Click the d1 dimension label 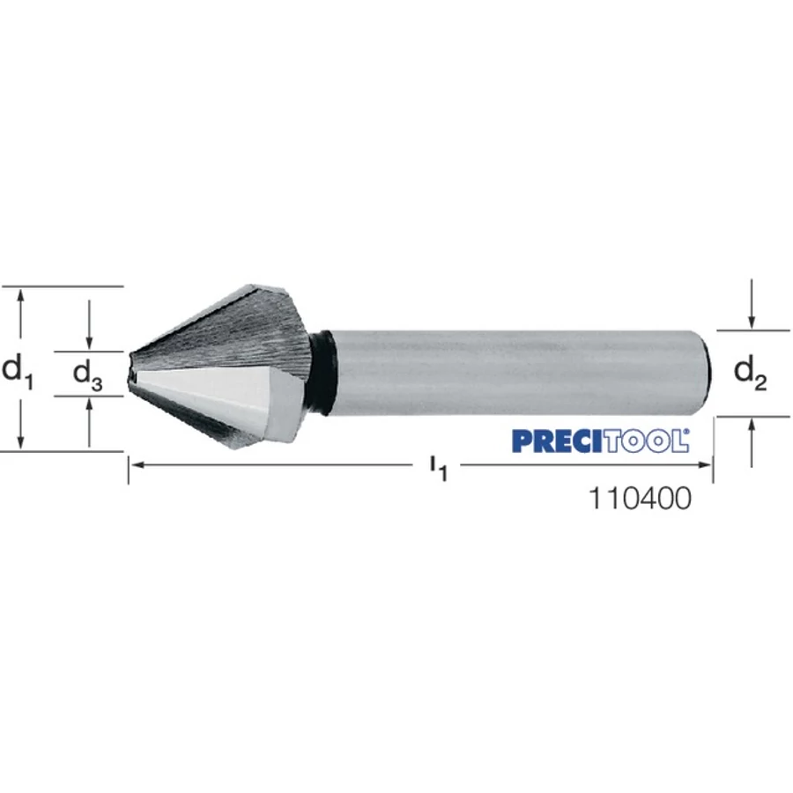coord(18,372)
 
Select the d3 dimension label coord(87,375)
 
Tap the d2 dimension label coord(750,374)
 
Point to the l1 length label coord(438,468)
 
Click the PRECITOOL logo coord(600,441)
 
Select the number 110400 coord(640,498)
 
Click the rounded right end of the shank coord(708,374)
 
